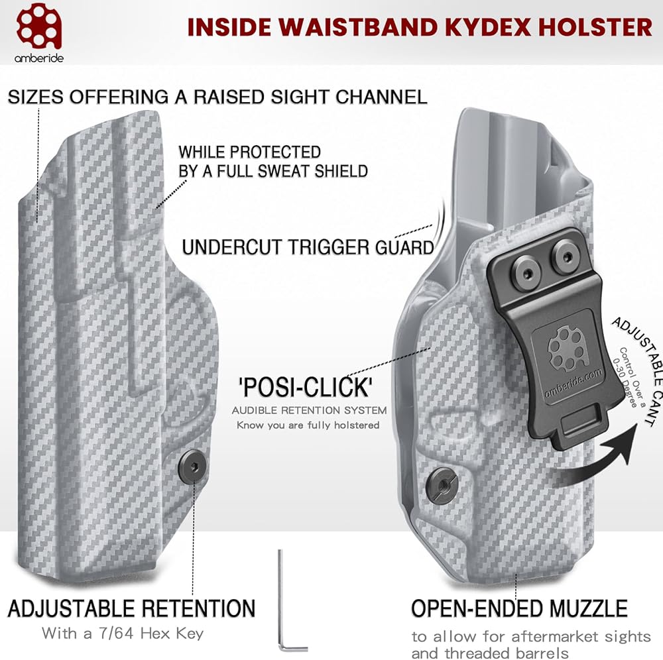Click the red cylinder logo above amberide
tap(39, 26)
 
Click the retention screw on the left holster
tap(192, 467)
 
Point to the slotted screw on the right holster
tap(442, 485)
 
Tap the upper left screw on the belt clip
tap(526, 273)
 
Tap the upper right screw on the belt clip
tap(566, 256)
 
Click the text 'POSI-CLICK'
tap(306, 387)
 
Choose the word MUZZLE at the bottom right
tap(587, 609)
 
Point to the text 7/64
tap(116, 633)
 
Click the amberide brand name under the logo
tap(39, 58)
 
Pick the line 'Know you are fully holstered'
tap(308, 425)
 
